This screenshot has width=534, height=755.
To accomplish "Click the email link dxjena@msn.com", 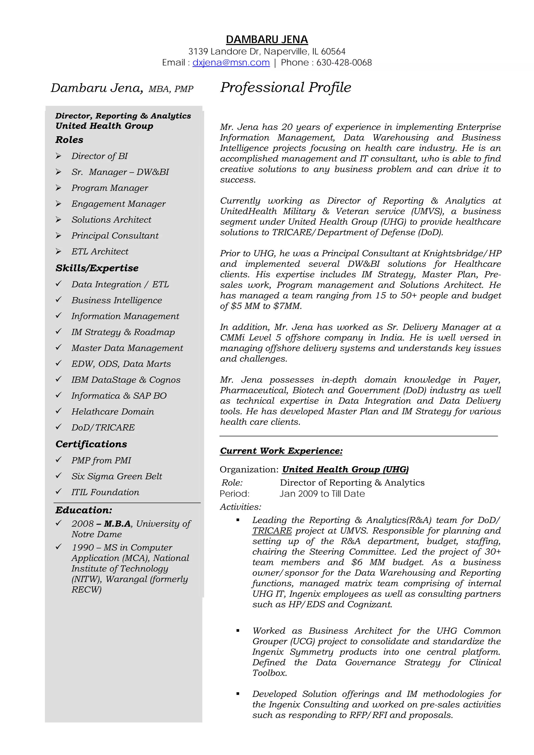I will click(x=231, y=63).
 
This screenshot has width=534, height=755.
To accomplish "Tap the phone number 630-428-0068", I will click(x=344, y=63).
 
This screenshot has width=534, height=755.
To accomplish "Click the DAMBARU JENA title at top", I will click(x=267, y=39).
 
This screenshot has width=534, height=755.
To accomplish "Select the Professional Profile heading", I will click(x=286, y=88).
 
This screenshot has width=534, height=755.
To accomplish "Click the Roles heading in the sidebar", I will click(x=69, y=140).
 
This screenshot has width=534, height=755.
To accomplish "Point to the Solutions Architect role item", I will click(x=112, y=220).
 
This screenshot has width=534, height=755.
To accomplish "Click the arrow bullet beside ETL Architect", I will click(x=59, y=251).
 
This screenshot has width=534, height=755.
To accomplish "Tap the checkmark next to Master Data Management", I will click(x=59, y=347).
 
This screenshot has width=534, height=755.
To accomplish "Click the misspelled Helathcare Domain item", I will click(x=113, y=412).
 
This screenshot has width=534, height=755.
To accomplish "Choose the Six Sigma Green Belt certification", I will click(x=117, y=476).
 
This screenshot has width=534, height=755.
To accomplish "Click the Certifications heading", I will click(x=91, y=444).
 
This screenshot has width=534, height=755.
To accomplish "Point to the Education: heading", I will click(x=84, y=510).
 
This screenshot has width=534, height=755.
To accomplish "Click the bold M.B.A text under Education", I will click(x=117, y=524).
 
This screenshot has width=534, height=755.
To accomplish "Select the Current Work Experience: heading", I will click(x=281, y=451).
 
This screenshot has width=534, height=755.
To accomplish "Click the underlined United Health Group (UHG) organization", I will click(x=345, y=470).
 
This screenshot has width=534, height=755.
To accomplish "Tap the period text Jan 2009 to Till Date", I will click(x=322, y=494).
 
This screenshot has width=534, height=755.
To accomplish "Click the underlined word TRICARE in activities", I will click(x=272, y=531).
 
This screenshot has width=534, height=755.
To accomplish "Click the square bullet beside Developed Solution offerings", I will click(x=238, y=694).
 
